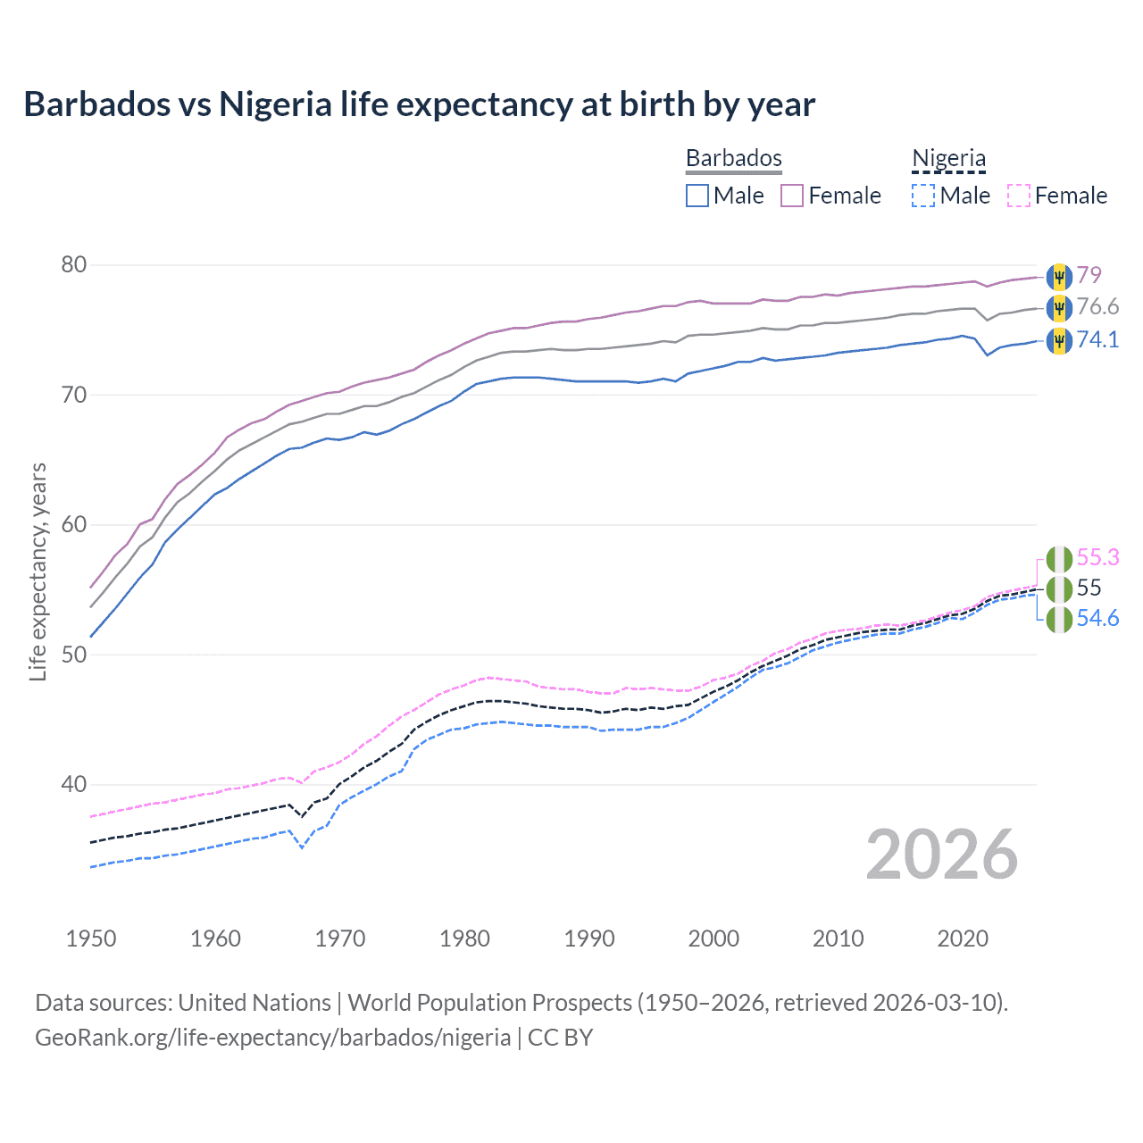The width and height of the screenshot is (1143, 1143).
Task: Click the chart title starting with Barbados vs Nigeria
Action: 419,104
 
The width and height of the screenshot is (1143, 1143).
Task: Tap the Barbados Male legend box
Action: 697,196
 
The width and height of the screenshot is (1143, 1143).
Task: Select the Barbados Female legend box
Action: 792,196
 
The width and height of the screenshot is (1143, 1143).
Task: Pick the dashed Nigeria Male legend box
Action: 923,196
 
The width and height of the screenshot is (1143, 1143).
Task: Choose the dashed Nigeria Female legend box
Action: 1019,196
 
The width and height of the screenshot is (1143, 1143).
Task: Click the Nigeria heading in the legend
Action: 948,159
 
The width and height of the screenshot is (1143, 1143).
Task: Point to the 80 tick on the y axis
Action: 74,265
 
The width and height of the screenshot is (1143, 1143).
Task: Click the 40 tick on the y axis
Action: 74,785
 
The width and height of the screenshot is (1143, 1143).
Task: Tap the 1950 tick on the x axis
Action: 91,939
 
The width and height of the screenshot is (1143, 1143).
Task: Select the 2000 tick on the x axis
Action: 713,939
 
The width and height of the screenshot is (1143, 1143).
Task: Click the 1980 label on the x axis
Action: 464,939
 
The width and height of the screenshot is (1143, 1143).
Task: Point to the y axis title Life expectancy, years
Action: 38,571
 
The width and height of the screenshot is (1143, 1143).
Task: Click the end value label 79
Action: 1089,275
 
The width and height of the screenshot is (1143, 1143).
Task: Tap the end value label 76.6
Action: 1097,307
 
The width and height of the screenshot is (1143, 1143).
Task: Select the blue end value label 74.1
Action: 1097,339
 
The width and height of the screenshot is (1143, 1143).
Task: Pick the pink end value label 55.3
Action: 1097,557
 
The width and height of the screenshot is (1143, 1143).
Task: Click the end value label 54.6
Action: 1097,619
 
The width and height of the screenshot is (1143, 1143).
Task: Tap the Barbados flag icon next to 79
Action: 1059,277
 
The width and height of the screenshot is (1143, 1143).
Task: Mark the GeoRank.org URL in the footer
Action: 272,1038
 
